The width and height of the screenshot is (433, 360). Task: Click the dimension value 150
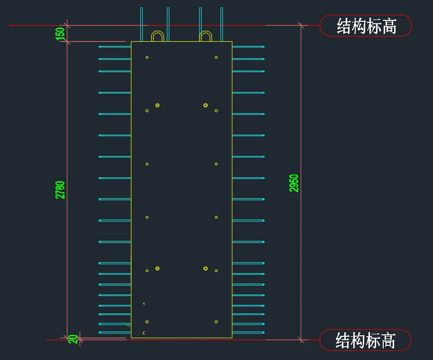pos(60,34)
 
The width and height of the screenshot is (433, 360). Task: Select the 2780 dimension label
pos(60,190)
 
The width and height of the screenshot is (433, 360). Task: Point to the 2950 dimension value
pos(294,183)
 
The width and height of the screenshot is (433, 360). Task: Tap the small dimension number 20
pos(73,339)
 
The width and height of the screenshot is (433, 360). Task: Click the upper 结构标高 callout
pos(366,26)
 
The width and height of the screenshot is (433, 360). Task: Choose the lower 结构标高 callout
pos(365,340)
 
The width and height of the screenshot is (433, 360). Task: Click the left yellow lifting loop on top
pos(157,36)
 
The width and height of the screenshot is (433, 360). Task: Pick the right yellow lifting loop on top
pos(205,36)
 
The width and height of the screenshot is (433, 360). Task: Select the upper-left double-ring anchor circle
pos(157,105)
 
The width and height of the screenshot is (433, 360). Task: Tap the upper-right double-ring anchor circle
pos(205,105)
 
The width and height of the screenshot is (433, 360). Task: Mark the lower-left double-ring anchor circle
pos(157,268)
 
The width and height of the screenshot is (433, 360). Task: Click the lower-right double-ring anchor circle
pos(205,268)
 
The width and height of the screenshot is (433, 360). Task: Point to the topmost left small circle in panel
pos(147,57)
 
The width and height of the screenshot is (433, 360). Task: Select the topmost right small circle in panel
pos(216,57)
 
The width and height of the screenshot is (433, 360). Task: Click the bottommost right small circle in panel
pos(216,322)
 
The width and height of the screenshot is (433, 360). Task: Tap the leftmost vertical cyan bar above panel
pos(142,24)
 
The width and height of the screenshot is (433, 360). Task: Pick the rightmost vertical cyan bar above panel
pos(221,24)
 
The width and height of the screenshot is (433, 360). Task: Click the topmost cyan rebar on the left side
pos(115,46)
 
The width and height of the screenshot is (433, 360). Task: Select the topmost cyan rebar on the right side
pos(248,46)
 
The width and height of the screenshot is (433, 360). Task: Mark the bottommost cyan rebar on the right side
pos(248,332)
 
